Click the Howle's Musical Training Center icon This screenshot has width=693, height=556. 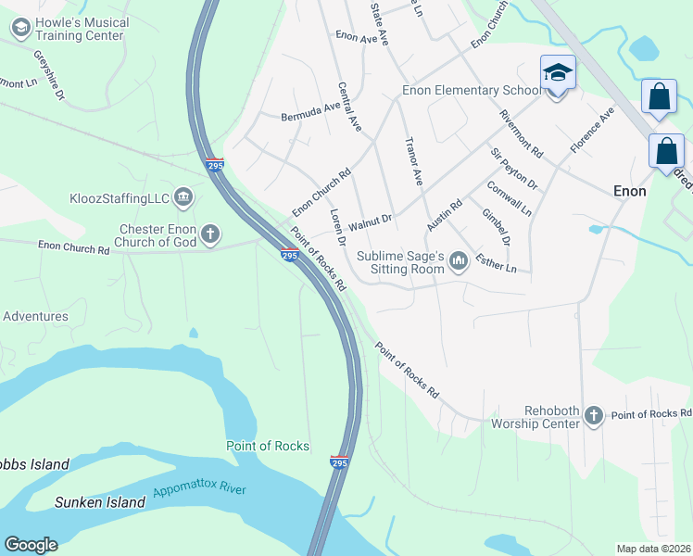[20, 29]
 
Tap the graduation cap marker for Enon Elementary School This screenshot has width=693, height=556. [558, 73]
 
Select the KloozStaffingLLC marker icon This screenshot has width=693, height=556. [183, 196]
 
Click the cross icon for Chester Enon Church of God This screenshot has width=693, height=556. [210, 234]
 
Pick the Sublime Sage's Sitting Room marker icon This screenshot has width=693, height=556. [458, 264]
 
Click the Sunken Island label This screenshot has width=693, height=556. [100, 502]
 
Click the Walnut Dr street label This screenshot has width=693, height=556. [371, 222]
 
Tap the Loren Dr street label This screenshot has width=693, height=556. [337, 226]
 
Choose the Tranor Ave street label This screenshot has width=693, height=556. [413, 159]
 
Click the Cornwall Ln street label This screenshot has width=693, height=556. [510, 197]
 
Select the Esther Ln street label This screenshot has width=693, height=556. [495, 262]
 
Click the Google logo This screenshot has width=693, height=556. [31, 545]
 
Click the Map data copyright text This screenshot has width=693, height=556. [652, 549]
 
